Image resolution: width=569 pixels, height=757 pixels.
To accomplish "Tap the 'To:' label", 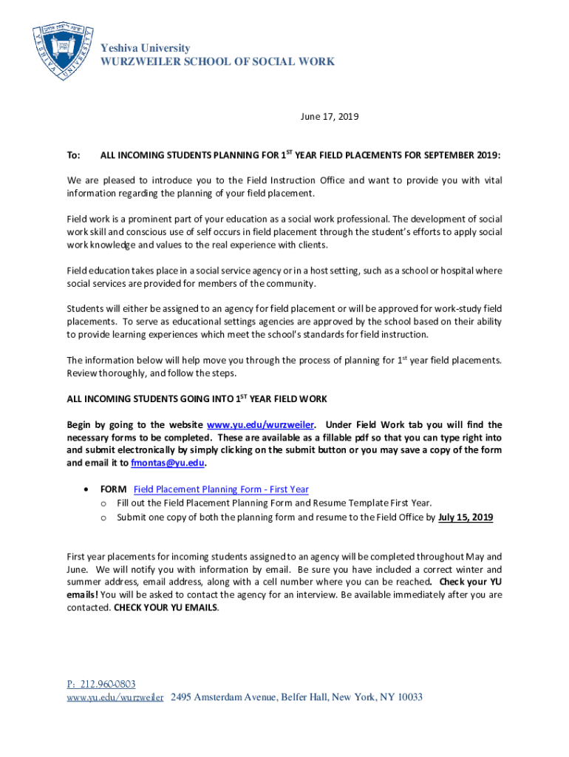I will [73, 156].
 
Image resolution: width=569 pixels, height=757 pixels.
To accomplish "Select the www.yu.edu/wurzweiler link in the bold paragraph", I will [261, 424].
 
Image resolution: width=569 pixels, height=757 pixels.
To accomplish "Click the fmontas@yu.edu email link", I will [167, 463].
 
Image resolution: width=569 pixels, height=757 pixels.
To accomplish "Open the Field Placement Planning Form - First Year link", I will [221, 489].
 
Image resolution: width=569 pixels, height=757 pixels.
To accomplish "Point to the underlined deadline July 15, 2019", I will [466, 517].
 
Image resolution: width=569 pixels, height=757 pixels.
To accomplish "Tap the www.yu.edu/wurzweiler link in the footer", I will [115, 697].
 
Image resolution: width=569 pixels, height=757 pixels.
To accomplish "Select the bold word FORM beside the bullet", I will [114, 489].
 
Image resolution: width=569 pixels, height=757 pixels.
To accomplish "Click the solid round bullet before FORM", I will [89, 489].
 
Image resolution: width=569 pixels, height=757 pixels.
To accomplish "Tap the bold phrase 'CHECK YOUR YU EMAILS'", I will [166, 608].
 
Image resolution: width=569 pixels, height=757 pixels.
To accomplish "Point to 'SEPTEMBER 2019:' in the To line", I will [461, 156].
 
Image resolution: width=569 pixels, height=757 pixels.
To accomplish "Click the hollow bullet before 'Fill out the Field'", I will [104, 503].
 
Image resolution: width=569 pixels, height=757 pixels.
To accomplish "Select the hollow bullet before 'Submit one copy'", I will [104, 517].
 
